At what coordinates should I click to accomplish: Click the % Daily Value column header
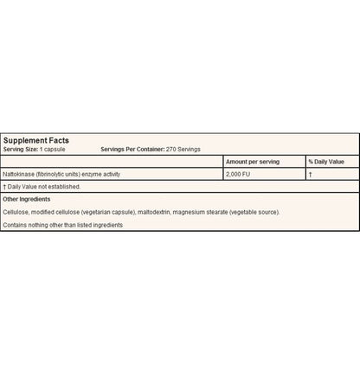(326, 162)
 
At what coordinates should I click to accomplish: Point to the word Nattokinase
(19, 174)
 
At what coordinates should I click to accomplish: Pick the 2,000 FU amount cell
(239, 174)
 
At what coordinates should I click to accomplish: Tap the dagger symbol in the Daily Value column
(310, 174)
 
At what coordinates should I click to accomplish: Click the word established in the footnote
(66, 186)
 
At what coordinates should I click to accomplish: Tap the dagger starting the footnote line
(5, 186)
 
